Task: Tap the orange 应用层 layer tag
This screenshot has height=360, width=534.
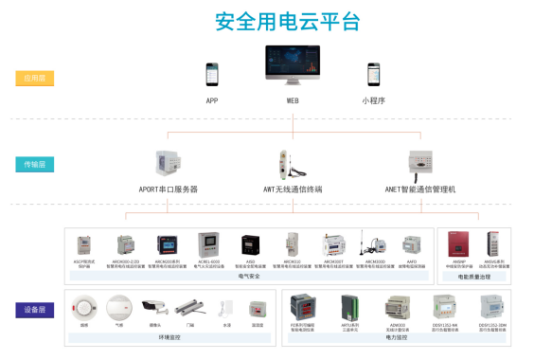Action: pyautogui.click(x=35, y=79)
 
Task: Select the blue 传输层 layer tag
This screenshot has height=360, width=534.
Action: pyautogui.click(x=35, y=164)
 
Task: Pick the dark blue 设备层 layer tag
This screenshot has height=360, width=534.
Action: pyautogui.click(x=35, y=310)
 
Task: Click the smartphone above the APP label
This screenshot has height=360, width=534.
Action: pyautogui.click(x=212, y=73)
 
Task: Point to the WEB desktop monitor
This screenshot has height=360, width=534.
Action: pyautogui.click(x=292, y=66)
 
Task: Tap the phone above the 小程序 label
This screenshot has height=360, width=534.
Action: pyautogui.click(x=373, y=73)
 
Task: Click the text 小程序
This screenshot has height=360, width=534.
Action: pyautogui.click(x=373, y=99)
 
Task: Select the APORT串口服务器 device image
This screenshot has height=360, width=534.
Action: pyautogui.click(x=170, y=163)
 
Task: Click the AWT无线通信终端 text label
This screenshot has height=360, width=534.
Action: pyautogui.click(x=293, y=189)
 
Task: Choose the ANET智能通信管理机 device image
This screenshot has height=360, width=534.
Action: pyautogui.click(x=419, y=163)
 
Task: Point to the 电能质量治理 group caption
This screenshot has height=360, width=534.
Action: pyautogui.click(x=472, y=277)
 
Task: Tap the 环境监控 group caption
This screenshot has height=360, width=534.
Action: pyautogui.click(x=170, y=336)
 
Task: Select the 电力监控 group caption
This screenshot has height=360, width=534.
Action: pyautogui.click(x=397, y=336)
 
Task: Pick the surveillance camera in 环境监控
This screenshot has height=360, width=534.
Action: pyautogui.click(x=154, y=306)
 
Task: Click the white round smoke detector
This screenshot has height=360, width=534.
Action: pyautogui.click(x=85, y=306)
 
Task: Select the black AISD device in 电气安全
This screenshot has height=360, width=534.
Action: pyautogui.click(x=250, y=245)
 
